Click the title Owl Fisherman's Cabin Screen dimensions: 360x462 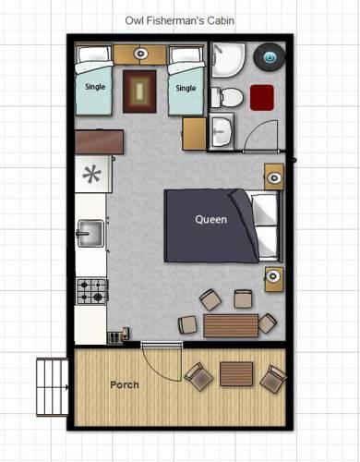(180, 20)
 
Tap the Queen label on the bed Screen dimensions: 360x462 (211, 220)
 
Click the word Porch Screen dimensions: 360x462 (125, 384)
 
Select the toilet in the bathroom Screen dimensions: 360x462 (227, 97)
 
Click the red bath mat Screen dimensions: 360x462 (262, 98)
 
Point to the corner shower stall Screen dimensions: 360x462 (228, 59)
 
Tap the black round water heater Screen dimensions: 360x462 (270, 57)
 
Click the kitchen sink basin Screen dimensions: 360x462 (90, 234)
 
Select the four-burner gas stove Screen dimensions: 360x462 (92, 291)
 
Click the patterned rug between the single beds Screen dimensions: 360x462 (139, 91)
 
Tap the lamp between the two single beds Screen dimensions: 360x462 (140, 54)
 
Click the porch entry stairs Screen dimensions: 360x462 (53, 387)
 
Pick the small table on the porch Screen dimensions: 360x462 (236, 374)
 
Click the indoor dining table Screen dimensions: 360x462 (231, 326)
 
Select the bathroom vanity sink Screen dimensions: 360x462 (222, 131)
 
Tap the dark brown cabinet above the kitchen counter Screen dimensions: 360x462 (99, 142)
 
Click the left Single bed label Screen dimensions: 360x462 (95, 87)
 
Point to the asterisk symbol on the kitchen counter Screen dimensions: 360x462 (91, 174)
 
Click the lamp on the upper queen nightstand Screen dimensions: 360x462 (274, 177)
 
